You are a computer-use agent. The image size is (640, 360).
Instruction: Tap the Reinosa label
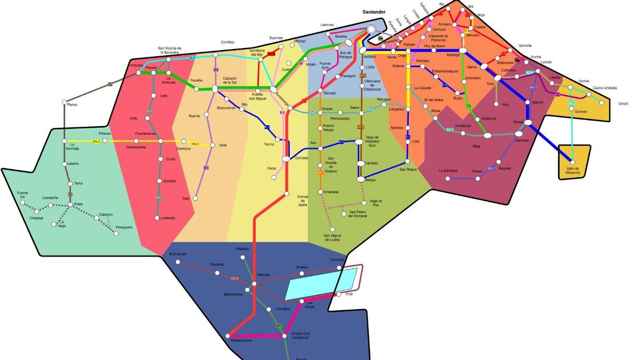263,275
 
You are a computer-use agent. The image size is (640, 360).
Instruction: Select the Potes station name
78,204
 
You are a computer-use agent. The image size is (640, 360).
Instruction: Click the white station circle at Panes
64,102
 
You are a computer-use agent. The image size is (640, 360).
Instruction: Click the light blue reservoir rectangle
321,284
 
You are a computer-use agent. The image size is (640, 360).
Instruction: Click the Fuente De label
22,196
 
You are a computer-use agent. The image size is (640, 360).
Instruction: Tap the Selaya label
371,180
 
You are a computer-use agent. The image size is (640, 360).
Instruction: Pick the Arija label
349,293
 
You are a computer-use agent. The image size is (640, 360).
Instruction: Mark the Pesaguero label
124,228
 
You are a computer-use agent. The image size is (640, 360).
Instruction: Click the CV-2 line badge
234,278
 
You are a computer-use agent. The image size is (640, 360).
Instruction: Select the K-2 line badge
193,58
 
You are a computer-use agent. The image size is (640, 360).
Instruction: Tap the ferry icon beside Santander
381,38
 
